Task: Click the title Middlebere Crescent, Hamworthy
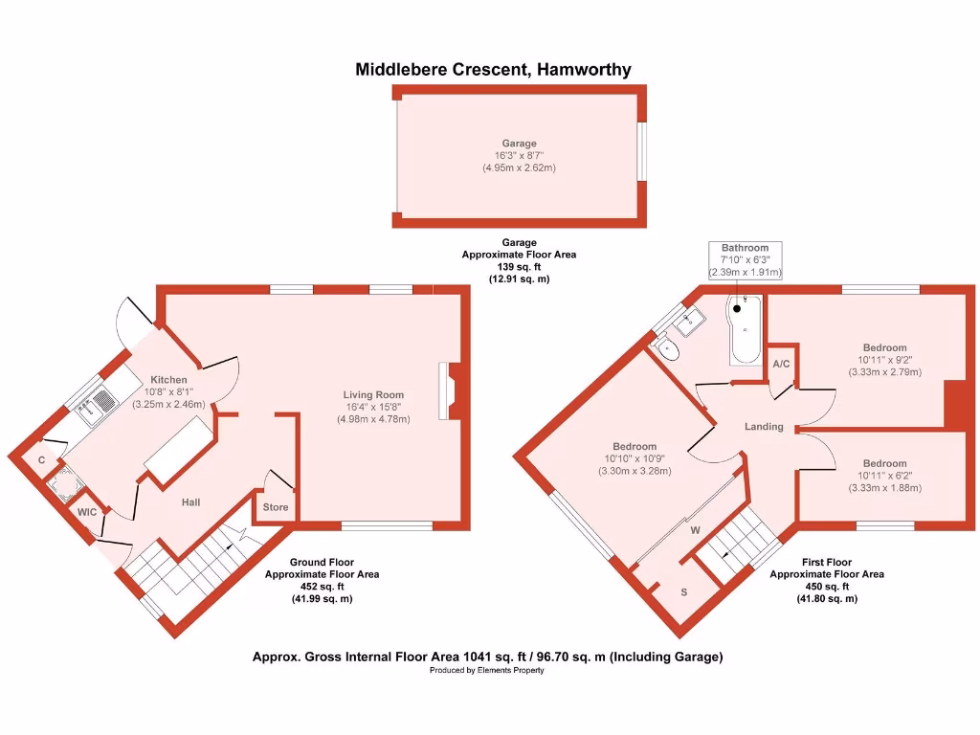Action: [493, 69]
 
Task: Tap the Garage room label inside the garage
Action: [520, 143]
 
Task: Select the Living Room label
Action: [373, 394]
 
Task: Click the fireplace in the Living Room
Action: [449, 390]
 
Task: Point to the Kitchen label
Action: [167, 380]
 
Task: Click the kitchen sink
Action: [89, 411]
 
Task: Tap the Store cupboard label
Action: [276, 507]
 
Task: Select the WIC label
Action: [88, 513]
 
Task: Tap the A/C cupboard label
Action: [781, 364]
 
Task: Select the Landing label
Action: [764, 427]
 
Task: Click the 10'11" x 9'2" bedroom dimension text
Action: [884, 360]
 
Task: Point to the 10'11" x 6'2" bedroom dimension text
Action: [884, 476]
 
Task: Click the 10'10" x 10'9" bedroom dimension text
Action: [635, 458]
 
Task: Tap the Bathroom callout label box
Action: [745, 260]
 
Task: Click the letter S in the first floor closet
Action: [683, 592]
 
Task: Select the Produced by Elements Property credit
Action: [487, 670]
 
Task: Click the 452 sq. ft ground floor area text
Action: [322, 587]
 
